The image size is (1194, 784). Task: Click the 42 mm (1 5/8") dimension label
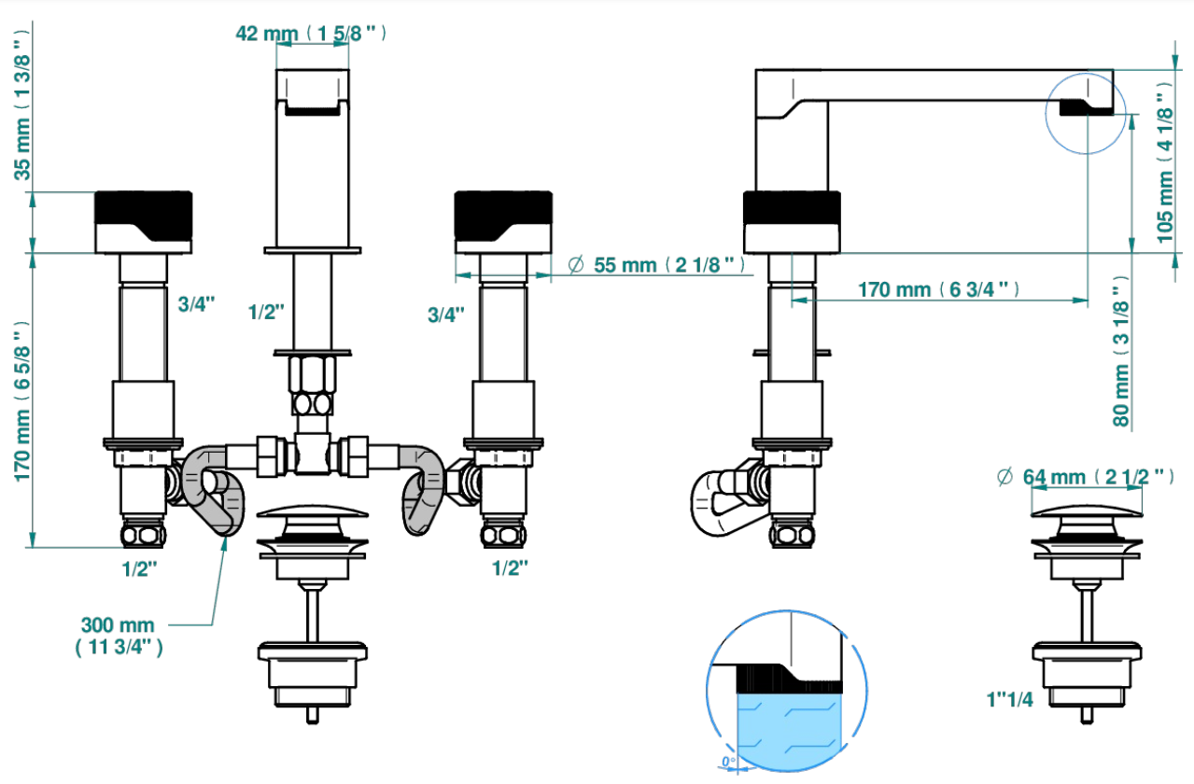311,34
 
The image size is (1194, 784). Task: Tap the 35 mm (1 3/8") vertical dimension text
22,105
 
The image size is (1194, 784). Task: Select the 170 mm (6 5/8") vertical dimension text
22,401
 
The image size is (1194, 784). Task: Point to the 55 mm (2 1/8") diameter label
656,265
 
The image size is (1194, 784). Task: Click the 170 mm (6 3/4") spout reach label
938,289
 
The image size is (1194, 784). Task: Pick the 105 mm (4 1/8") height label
1165,162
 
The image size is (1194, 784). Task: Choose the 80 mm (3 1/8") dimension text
1121,351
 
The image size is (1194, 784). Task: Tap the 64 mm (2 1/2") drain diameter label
1085,477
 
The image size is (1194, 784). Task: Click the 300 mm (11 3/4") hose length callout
119,636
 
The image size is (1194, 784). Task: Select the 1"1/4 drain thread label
1009,699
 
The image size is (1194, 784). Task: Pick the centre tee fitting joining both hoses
313,455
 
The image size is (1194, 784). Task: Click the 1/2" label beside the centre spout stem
266,312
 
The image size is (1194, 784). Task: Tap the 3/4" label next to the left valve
196,304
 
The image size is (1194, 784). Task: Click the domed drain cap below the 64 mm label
1087,511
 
